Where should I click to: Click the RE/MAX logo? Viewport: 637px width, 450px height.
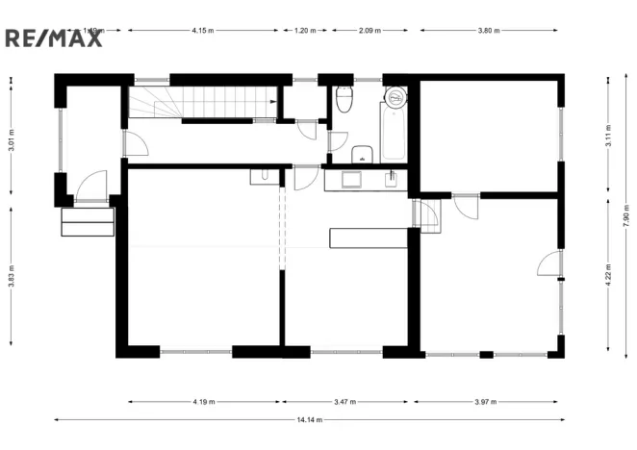[x=54, y=37]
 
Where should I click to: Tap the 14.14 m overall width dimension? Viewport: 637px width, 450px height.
[x=309, y=419]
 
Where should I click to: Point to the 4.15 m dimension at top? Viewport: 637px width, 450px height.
[x=202, y=31]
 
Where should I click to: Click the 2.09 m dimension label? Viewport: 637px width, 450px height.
[x=369, y=31]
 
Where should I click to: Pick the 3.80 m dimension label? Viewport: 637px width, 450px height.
[x=489, y=31]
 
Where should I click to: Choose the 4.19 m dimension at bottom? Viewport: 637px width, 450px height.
[x=203, y=401]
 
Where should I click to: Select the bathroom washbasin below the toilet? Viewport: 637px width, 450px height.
[x=363, y=154]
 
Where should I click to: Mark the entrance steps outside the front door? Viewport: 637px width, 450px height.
[x=88, y=221]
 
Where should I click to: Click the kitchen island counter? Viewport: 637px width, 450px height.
[x=369, y=237]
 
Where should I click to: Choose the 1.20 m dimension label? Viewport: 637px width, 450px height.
[x=305, y=31]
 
